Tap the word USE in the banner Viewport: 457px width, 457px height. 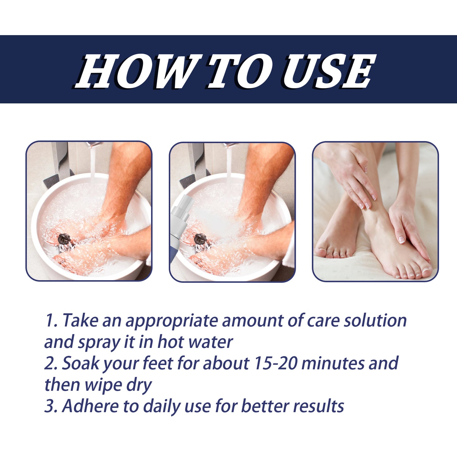pos(329,71)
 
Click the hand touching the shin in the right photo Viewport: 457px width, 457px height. pos(351,177)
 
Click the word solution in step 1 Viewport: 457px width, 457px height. pos(375,321)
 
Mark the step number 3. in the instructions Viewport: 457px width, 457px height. pos(51,406)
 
